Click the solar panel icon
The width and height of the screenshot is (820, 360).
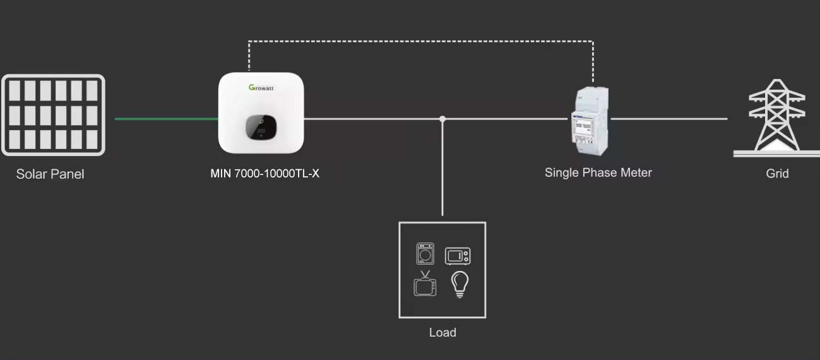(x=53, y=115)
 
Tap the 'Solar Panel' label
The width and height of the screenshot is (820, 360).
(x=50, y=174)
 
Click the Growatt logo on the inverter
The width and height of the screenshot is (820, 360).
(x=261, y=88)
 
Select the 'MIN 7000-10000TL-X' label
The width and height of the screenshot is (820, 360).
(x=265, y=174)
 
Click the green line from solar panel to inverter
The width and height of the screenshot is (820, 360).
(x=167, y=118)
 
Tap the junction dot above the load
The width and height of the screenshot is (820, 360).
(x=443, y=119)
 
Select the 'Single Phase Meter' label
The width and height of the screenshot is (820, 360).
(x=598, y=172)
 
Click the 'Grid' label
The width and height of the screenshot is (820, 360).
(x=777, y=174)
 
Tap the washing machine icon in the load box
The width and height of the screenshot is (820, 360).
(x=427, y=254)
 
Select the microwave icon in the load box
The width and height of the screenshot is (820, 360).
(x=458, y=255)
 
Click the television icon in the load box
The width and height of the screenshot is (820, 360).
(x=424, y=284)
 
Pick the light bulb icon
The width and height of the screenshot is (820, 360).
(x=459, y=284)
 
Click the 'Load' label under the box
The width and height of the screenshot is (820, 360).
(x=443, y=332)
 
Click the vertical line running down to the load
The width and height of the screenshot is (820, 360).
(x=443, y=171)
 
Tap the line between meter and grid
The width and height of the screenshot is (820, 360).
(x=669, y=118)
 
